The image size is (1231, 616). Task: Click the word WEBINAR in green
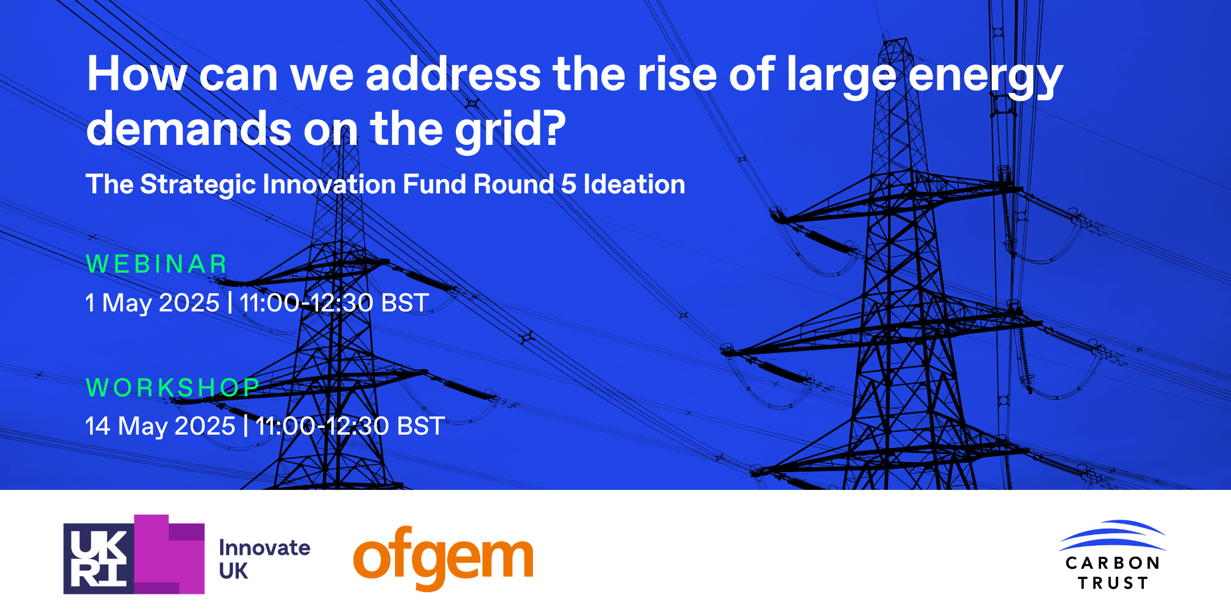pos(157,264)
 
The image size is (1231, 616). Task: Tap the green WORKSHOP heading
pos(173,388)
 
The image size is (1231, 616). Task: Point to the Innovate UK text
pos(264,559)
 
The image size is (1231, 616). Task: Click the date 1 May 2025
pos(152,303)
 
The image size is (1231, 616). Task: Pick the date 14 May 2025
pos(160,426)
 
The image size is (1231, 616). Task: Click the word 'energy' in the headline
pos(985,77)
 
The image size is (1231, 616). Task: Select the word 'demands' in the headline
pos(189,128)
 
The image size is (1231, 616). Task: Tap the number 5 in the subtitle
pos(569,184)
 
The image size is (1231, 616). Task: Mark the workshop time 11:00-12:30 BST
pos(350,426)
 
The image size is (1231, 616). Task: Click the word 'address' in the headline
pos(453,74)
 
